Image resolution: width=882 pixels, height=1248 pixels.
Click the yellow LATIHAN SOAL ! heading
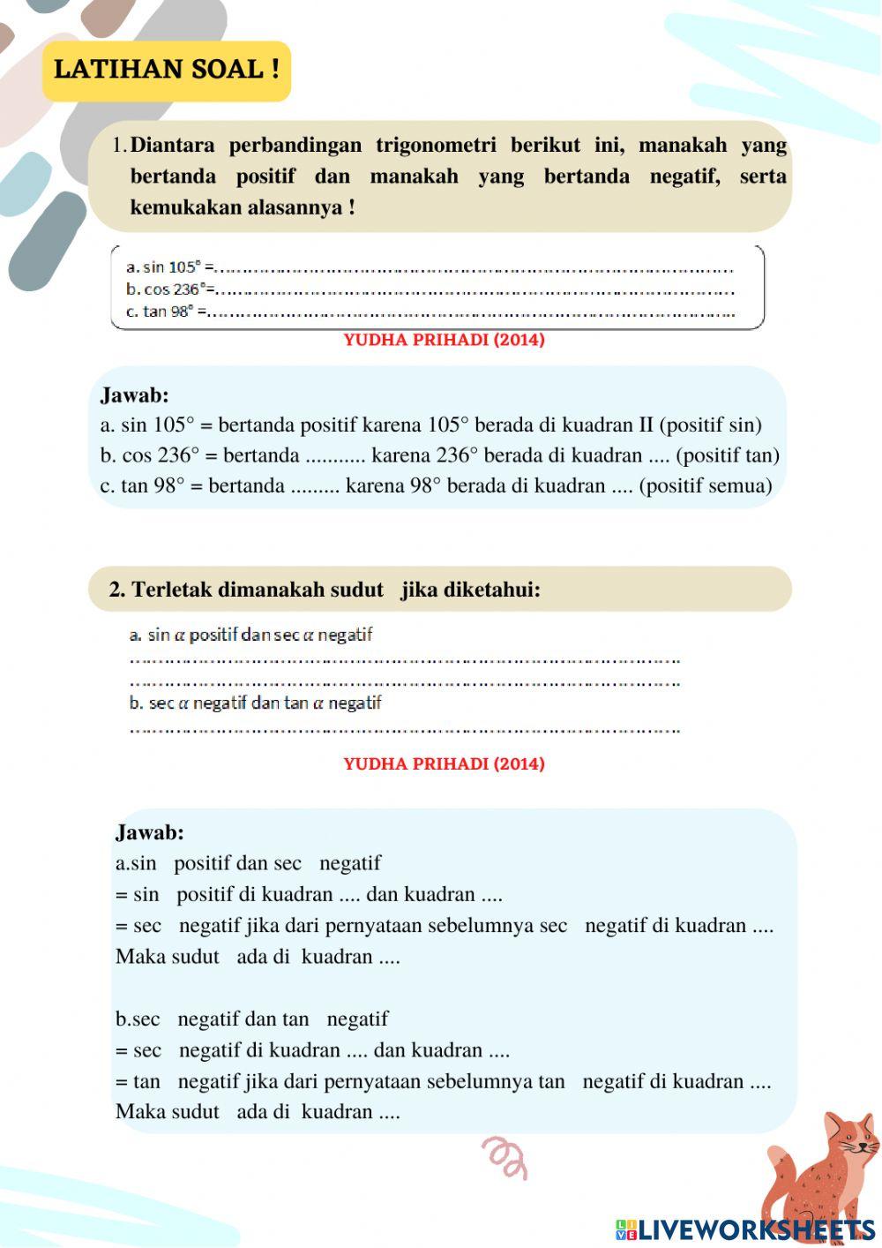167,70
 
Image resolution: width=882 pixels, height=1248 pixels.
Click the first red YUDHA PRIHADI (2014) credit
444,340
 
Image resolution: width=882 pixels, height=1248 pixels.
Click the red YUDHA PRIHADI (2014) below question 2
444,763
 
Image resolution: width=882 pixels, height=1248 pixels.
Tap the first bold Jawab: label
134,395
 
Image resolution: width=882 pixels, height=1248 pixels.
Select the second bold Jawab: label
150,831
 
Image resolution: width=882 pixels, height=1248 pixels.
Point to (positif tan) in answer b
728,455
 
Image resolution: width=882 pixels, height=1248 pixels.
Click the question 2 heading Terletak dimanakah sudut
256,590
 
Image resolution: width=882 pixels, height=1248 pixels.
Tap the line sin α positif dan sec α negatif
251,635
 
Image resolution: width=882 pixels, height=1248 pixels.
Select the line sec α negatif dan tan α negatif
256,703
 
